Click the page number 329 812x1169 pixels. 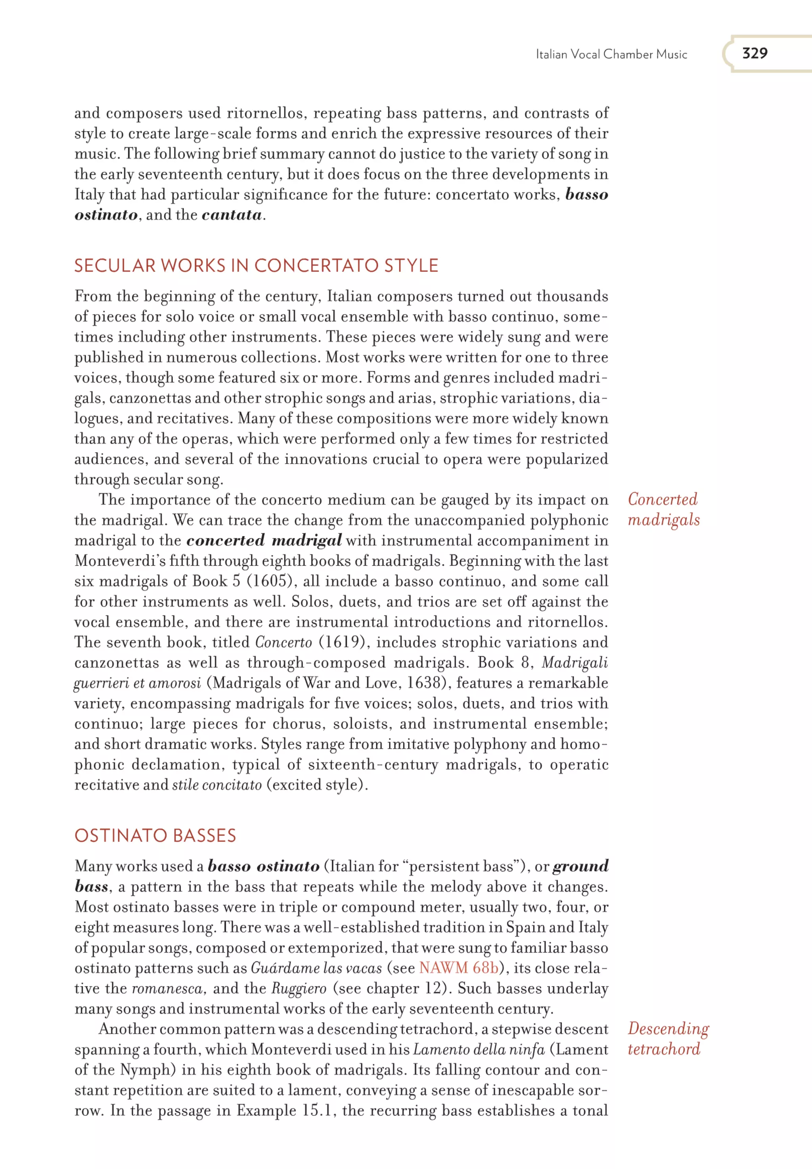(x=755, y=53)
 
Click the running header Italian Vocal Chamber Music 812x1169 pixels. (x=611, y=54)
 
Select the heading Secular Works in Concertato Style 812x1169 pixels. (x=256, y=266)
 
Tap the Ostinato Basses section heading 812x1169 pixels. (x=155, y=836)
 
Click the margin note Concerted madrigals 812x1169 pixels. (x=663, y=510)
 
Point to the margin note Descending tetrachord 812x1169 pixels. (x=668, y=1039)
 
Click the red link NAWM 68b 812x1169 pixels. (x=458, y=968)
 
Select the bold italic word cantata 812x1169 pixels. (x=232, y=215)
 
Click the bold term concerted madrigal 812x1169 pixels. (x=264, y=541)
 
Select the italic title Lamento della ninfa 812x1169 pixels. (x=479, y=1049)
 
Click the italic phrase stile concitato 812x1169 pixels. (x=217, y=785)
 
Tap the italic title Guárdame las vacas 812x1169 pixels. (x=316, y=968)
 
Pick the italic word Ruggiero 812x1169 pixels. (x=299, y=988)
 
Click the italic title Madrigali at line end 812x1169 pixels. (x=575, y=663)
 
